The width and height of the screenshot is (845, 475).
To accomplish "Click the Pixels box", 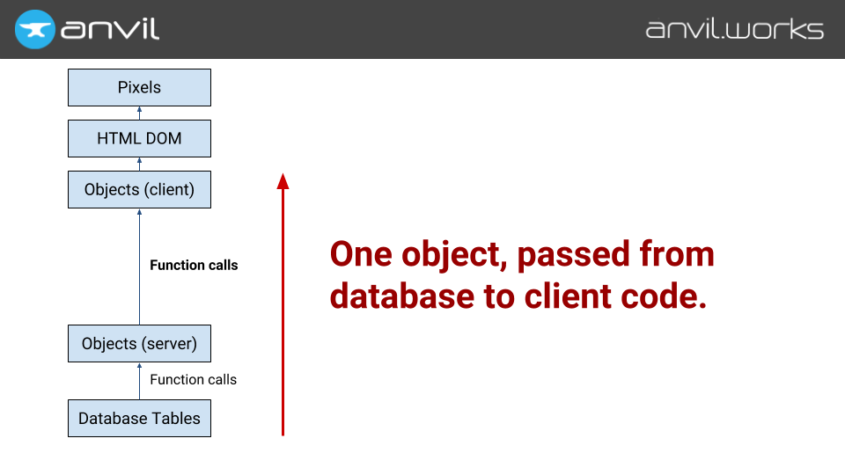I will [139, 88].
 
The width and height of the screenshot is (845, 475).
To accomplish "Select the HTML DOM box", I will [139, 139].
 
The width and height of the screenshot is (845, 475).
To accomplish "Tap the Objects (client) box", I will [139, 189].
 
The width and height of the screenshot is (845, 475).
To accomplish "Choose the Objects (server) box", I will [139, 343].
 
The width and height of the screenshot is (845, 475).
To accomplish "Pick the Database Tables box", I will [139, 419].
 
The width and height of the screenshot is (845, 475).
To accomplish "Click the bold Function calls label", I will [194, 265].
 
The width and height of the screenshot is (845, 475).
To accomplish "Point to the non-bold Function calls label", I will [193, 380].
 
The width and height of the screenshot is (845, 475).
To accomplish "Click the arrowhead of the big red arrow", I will [283, 180].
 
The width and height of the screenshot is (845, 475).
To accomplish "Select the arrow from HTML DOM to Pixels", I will [139, 113].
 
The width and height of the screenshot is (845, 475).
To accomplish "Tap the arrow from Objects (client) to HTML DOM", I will [139, 164].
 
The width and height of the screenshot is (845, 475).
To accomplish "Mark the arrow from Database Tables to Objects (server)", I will [139, 381].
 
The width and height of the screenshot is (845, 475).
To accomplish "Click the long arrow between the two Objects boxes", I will [139, 266].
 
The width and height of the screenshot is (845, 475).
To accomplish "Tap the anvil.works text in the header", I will [734, 29].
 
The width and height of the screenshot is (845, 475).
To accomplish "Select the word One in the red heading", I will [362, 255].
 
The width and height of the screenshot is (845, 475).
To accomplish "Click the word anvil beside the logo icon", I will [110, 29].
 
